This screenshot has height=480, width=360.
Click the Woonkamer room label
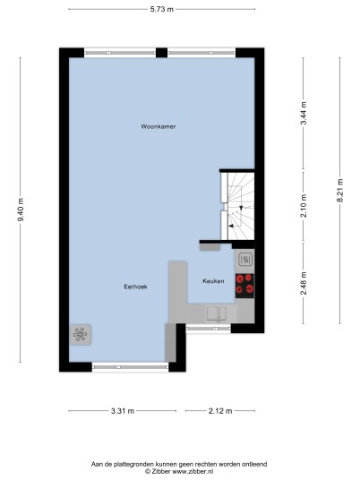[x=159, y=126]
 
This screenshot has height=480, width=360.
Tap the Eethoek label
[x=135, y=287]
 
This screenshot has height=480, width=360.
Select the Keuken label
[x=213, y=281]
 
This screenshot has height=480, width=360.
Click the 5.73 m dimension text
[x=161, y=9]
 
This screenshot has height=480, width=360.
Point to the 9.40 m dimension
[x=21, y=210]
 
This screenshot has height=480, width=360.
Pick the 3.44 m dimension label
[x=304, y=113]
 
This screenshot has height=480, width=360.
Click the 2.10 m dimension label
[x=304, y=206]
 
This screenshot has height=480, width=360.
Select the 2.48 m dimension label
[x=304, y=283]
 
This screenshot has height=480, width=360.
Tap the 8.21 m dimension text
[x=339, y=191]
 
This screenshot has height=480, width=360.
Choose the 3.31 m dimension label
[x=123, y=411]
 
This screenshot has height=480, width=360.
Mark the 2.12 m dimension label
[x=220, y=411]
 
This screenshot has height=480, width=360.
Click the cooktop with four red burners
[x=244, y=286]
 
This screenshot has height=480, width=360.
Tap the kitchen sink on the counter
[x=217, y=313]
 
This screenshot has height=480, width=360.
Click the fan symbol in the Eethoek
[x=81, y=335]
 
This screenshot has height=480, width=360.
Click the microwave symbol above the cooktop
[x=245, y=260]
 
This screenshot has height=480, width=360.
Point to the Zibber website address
[x=193, y=471]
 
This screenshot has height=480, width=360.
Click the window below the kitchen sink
[x=209, y=329]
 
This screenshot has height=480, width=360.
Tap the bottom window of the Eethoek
[x=131, y=367]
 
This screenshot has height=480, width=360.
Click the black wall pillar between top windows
[x=161, y=53]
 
